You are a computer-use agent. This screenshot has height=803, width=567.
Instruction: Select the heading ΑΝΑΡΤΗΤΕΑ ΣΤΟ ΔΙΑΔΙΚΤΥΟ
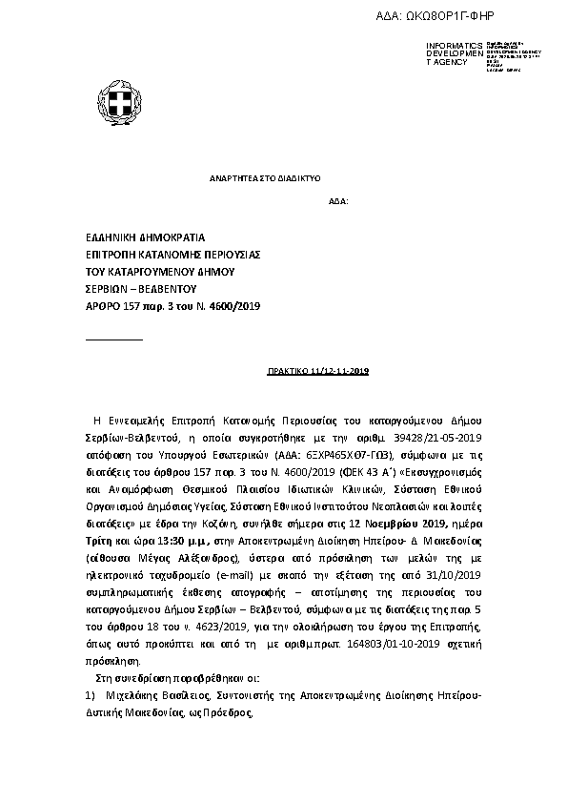click(x=264, y=178)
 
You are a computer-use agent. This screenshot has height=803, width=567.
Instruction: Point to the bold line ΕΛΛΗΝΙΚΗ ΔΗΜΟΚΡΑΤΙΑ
click(x=145, y=237)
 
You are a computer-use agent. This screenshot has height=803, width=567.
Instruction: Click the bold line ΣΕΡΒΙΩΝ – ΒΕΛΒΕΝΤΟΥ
click(x=140, y=288)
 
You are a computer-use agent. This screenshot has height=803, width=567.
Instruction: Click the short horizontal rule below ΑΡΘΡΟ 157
click(x=113, y=340)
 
